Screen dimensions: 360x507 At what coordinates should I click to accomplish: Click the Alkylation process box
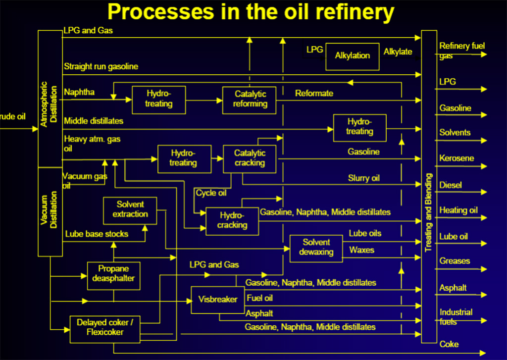click(x=352, y=55)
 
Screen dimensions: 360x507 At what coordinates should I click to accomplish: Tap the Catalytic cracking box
click(x=249, y=158)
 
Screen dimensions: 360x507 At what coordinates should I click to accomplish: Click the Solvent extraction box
click(x=130, y=209)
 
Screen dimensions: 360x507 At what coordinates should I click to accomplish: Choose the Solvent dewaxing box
click(x=316, y=247)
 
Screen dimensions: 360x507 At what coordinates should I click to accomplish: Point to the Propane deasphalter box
click(x=113, y=275)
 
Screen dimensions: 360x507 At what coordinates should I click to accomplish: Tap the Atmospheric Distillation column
click(x=50, y=99)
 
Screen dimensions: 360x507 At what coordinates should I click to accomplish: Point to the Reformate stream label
click(x=314, y=93)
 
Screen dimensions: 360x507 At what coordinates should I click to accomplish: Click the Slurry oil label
click(x=363, y=178)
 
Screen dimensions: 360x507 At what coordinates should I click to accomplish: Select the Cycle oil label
click(x=211, y=193)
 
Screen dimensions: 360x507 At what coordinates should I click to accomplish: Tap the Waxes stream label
click(x=361, y=250)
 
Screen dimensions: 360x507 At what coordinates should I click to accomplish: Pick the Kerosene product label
click(x=456, y=158)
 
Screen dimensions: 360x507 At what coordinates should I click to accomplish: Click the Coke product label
click(x=449, y=344)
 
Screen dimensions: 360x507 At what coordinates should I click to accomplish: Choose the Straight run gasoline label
click(x=101, y=66)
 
